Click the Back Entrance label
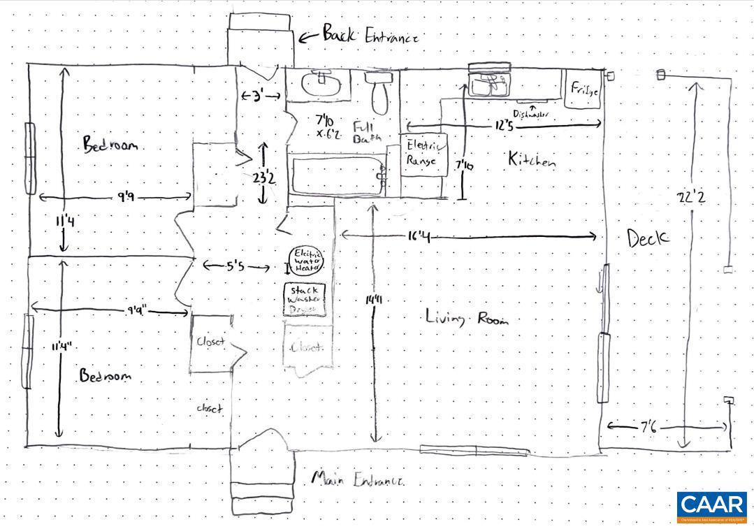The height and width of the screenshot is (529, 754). [370, 35]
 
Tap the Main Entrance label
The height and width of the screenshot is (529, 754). [357, 480]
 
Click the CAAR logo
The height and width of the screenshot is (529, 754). [712, 507]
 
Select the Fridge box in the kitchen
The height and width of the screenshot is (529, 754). [582, 89]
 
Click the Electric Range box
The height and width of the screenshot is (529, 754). [424, 154]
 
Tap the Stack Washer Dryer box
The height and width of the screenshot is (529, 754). [306, 300]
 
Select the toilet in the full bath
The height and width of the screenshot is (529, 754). [379, 91]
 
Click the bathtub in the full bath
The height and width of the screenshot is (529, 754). [338, 175]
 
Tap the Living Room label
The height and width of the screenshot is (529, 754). [466, 318]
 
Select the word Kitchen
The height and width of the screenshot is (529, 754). [532, 160]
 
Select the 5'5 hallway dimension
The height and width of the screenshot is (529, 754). [235, 266]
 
